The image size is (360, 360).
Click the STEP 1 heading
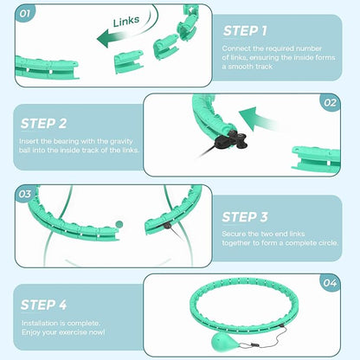[x=245, y=31]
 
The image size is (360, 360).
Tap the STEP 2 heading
[x=43, y=124]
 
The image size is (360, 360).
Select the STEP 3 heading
[x=245, y=217]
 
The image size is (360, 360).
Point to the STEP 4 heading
[x=43, y=305]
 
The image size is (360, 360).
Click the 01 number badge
[x=24, y=14]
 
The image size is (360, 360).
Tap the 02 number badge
[x=330, y=103]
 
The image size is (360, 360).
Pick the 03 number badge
[x=24, y=194]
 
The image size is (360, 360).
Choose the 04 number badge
[x=330, y=283]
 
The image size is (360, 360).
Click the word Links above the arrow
[x=126, y=21]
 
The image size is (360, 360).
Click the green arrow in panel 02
[x=257, y=119]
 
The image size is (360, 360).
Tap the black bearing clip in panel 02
[x=231, y=140]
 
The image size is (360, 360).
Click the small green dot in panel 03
[x=119, y=224]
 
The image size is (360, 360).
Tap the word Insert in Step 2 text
[x=29, y=141]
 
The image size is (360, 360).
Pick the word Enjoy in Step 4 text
[x=30, y=332]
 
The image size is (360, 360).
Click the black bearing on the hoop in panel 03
[x=167, y=226]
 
